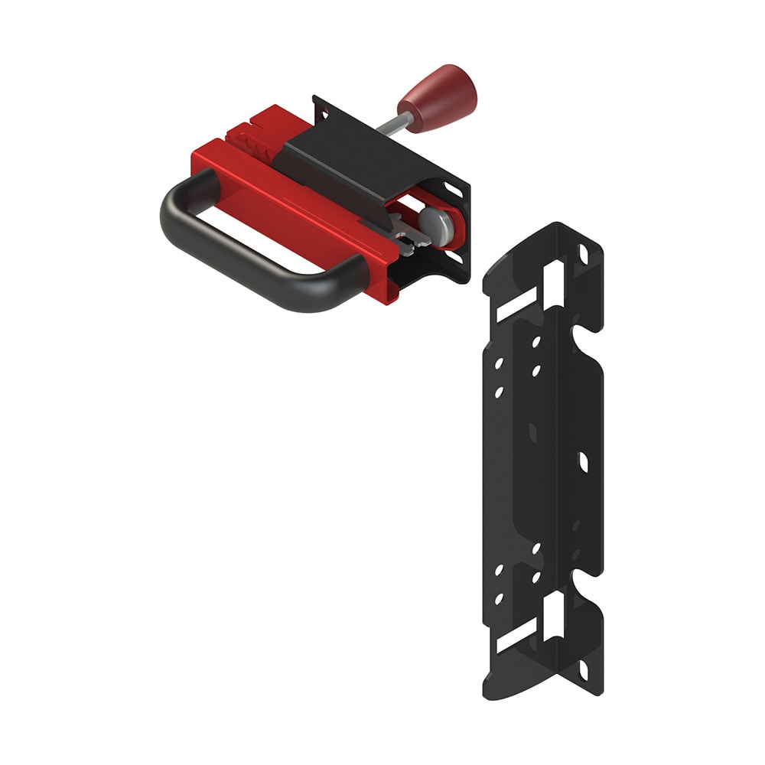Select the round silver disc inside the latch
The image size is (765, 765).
438,225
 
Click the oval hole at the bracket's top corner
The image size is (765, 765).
584,251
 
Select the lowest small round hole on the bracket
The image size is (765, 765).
499,599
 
